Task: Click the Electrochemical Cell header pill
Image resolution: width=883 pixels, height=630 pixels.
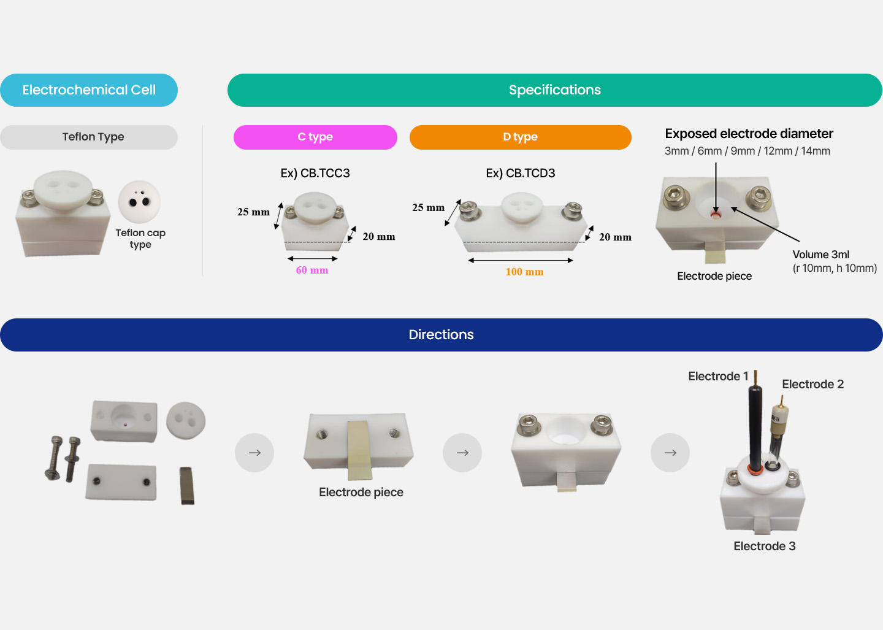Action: coord(89,90)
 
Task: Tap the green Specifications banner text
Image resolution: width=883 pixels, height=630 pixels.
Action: coord(554,90)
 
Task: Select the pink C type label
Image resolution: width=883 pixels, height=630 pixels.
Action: coord(315,137)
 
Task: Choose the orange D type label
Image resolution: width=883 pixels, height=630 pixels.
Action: coord(520,137)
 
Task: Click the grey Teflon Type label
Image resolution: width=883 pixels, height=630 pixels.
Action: coord(93,137)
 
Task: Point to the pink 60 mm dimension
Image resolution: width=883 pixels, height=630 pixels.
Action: coord(312,270)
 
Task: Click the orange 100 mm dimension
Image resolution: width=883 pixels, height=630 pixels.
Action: coord(524,272)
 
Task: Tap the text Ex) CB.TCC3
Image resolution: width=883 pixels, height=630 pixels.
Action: coord(315,173)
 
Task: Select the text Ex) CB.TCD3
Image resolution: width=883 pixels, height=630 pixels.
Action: coord(521,173)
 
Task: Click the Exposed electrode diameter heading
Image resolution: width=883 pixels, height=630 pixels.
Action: coord(749,134)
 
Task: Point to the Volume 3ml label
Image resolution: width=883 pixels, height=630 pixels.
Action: coord(820,255)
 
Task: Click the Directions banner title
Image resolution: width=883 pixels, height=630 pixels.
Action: coord(441,334)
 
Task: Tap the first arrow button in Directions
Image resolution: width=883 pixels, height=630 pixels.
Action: coord(254,453)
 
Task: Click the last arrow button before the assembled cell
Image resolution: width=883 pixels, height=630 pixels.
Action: coord(670,453)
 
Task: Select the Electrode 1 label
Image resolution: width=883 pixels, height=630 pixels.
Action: coord(718,376)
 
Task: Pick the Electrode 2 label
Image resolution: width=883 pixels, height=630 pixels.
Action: coord(812,384)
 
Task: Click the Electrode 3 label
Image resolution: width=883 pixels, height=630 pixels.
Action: coord(764,546)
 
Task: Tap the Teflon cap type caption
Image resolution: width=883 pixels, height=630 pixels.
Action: coord(140,239)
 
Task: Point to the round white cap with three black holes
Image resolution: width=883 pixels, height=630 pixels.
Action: coord(139,201)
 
